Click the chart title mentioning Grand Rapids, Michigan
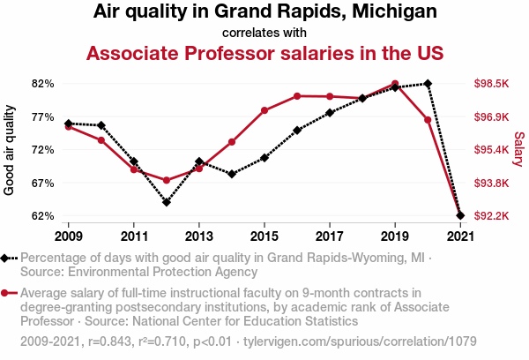tap(264, 12)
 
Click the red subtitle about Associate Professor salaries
tap(264, 54)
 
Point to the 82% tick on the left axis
tap(42, 84)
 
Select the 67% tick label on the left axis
tap(42, 183)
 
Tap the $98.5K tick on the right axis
tap(490, 84)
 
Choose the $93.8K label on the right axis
tap(490, 183)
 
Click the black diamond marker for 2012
tap(167, 202)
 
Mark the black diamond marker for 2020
tap(428, 84)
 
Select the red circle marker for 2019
tap(395, 84)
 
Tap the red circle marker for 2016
tap(297, 96)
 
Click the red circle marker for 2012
tap(167, 180)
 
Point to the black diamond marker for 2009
tap(69, 124)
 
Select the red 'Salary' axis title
tap(519, 150)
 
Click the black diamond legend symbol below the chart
tap(8, 258)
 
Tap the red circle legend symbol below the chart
tap(8, 292)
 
